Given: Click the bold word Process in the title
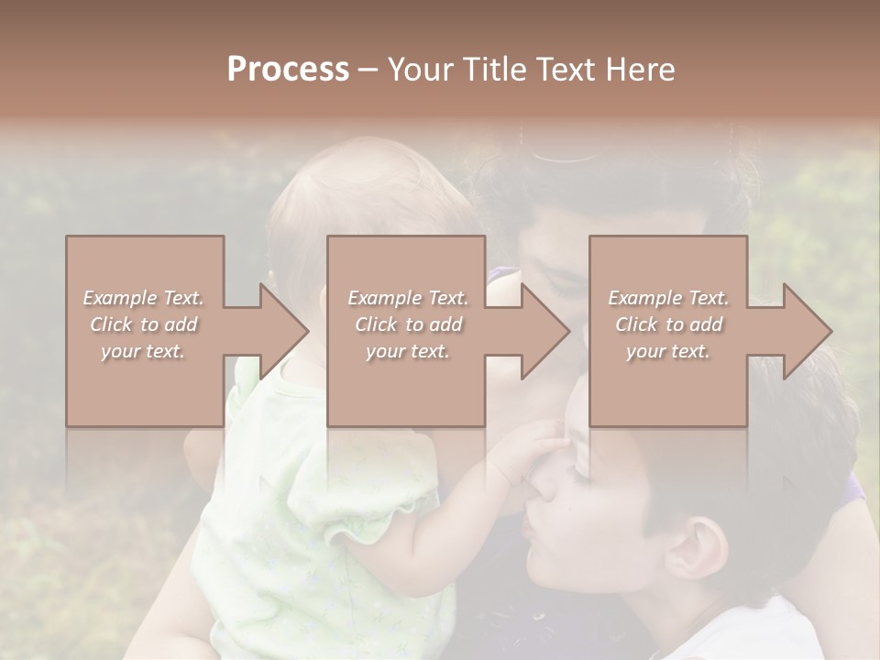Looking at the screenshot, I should (288, 69).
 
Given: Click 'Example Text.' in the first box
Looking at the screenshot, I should (144, 298).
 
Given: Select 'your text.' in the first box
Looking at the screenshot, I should (144, 351).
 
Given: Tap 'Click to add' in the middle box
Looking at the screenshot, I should (408, 324).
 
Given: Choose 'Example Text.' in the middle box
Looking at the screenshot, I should (408, 298).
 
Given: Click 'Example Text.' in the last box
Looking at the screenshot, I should (668, 298).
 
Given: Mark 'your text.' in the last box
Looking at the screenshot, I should (668, 351).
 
